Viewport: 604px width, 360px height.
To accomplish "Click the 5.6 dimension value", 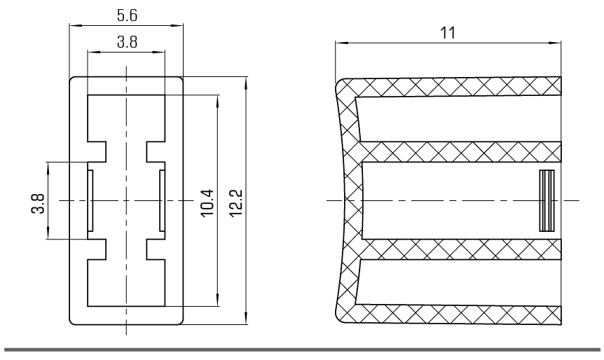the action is click(x=127, y=15).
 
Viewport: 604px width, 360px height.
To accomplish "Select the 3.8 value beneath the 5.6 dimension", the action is click(x=127, y=41).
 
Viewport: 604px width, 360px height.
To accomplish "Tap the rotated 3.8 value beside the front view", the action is click(x=38, y=204).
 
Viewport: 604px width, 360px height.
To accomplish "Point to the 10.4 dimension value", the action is click(x=207, y=203).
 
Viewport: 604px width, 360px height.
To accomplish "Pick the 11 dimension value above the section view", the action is click(x=448, y=33).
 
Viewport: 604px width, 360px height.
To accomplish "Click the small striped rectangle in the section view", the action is click(x=547, y=200).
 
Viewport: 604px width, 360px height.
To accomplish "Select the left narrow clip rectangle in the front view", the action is click(x=90, y=200).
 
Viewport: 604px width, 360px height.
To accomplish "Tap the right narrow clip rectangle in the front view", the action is click(x=162, y=200).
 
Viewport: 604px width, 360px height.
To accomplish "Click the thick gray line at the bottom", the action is click(x=302, y=349).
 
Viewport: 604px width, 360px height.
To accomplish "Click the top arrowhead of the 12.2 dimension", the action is click(x=246, y=83).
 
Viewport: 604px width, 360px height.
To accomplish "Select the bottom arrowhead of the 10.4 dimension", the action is click(x=218, y=300).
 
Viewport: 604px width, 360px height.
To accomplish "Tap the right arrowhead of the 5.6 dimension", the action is click(x=177, y=26).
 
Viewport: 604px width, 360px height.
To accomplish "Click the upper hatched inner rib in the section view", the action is click(x=460, y=151).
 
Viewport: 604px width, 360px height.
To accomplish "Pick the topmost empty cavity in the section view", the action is click(x=458, y=119).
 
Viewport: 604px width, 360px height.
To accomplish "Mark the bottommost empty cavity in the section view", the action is click(x=458, y=282).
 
